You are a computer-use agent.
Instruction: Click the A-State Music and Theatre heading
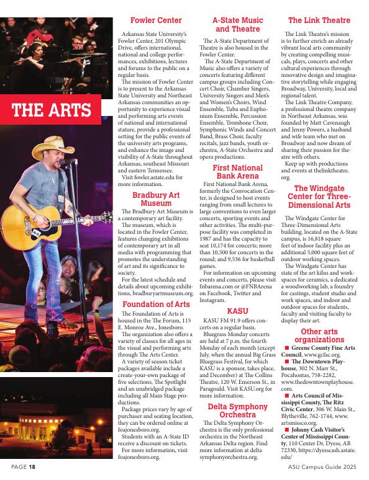point(237,25)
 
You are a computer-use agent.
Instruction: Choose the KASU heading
point(237,310)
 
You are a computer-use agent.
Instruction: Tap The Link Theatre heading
point(319,20)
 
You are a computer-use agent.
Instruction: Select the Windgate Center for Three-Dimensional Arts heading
point(319,196)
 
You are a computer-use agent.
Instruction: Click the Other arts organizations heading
point(319,336)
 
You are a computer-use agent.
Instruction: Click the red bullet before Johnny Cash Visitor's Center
point(287,428)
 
